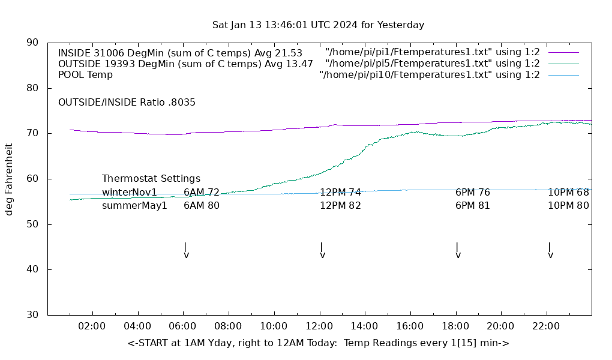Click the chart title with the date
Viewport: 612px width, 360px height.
pyautogui.click(x=318, y=25)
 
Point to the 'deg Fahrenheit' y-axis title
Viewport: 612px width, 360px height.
pyautogui.click(x=9, y=179)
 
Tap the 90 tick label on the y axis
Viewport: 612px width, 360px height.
pyautogui.click(x=32, y=43)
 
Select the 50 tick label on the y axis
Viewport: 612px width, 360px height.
pyautogui.click(x=32, y=224)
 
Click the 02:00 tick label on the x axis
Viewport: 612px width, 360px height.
pyautogui.click(x=92, y=326)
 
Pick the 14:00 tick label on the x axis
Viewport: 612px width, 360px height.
pyautogui.click(x=364, y=326)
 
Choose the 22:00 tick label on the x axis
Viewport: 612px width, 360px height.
pyautogui.click(x=546, y=326)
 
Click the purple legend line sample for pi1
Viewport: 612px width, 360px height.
pyautogui.click(x=563, y=53)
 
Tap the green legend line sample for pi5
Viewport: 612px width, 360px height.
pyautogui.click(x=563, y=64)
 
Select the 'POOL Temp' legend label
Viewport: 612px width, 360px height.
pyautogui.click(x=85, y=75)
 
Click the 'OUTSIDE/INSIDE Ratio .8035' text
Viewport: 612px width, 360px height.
pyautogui.click(x=127, y=103)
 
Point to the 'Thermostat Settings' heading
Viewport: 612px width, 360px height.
pyautogui.click(x=151, y=179)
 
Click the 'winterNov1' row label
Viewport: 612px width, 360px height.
pyautogui.click(x=130, y=193)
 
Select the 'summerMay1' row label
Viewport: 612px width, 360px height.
pyautogui.click(x=134, y=206)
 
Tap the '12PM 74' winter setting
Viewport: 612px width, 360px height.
pyautogui.click(x=340, y=193)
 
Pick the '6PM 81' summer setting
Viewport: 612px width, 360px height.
pyautogui.click(x=473, y=206)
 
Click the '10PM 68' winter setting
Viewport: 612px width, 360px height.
pyautogui.click(x=568, y=193)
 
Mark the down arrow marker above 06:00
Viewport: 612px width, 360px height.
pyautogui.click(x=186, y=250)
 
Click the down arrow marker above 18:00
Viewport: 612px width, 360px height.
pyautogui.click(x=458, y=250)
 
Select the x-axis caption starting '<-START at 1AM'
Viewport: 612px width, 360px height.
pyautogui.click(x=318, y=343)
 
